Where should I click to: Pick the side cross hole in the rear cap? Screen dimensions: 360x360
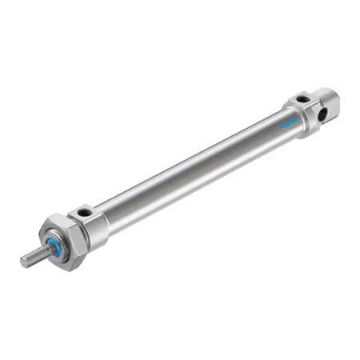(x=322, y=114)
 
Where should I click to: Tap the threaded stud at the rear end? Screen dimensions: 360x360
(x=329, y=102)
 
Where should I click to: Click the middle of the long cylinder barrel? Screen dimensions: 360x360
(x=192, y=167)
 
